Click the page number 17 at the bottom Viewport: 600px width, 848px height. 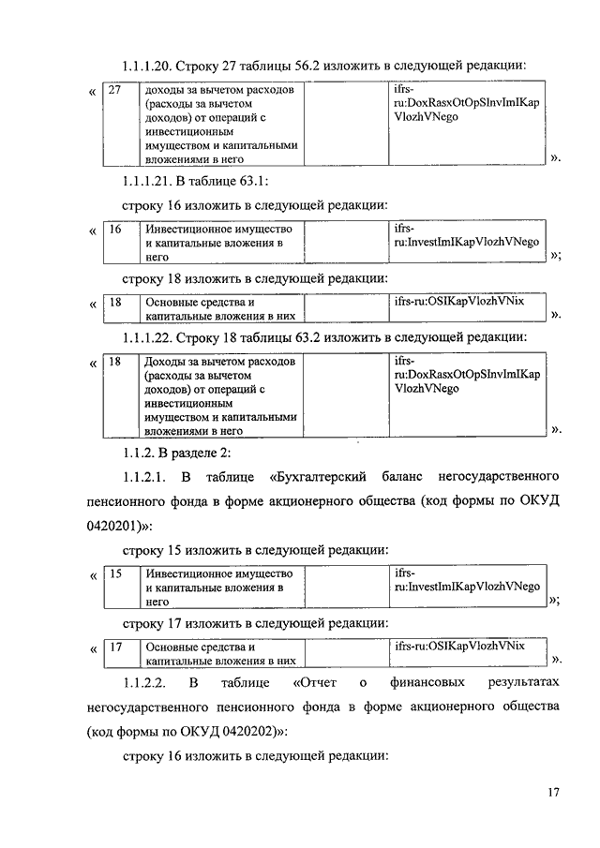pos(554,794)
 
